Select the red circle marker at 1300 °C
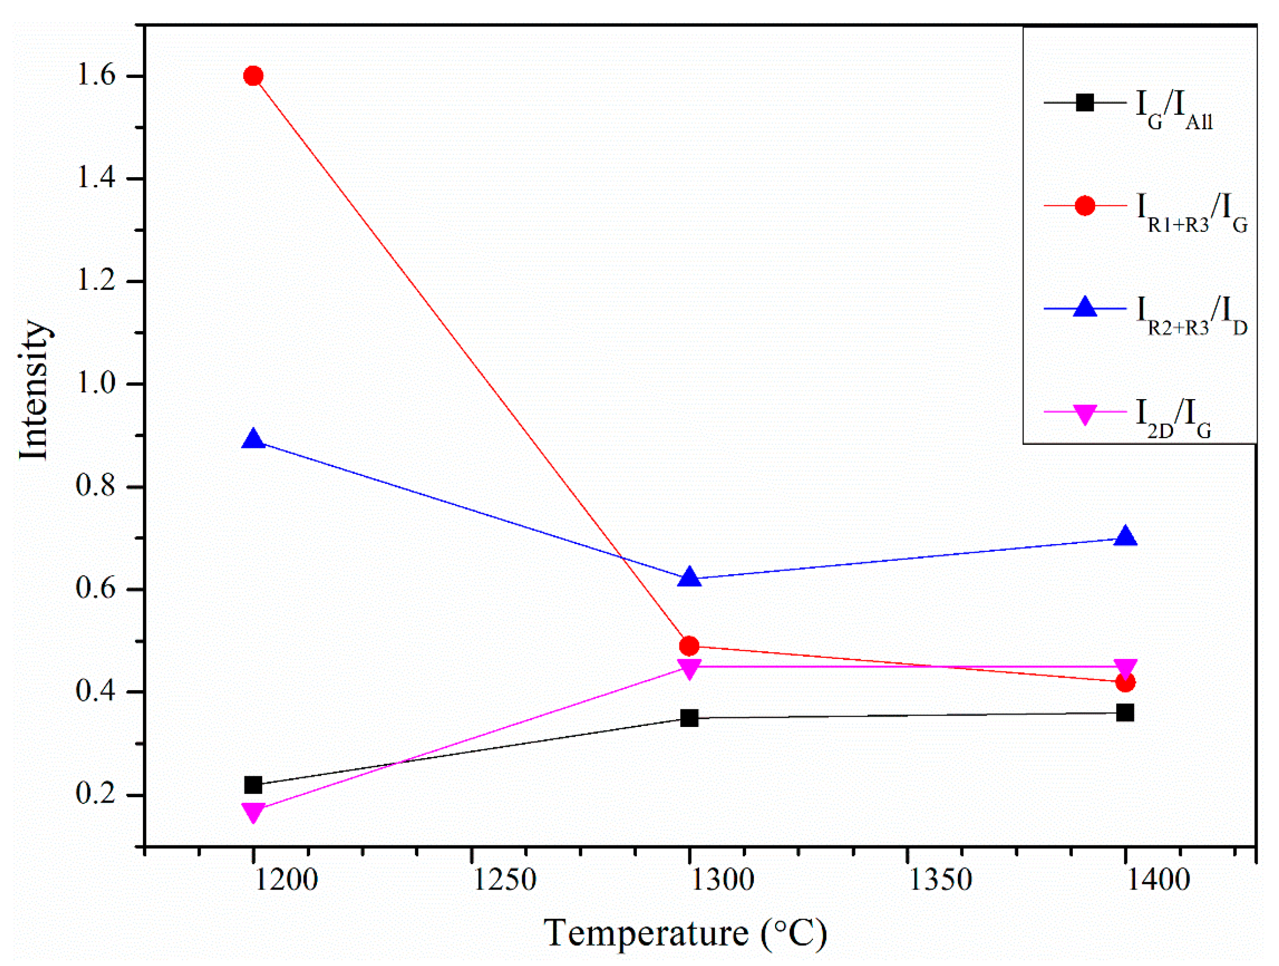pyautogui.click(x=689, y=645)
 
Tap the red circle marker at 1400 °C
pyautogui.click(x=1125, y=682)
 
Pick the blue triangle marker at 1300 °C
pyautogui.click(x=689, y=578)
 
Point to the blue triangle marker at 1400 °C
pyautogui.click(x=1125, y=537)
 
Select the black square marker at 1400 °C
pyautogui.click(x=1125, y=712)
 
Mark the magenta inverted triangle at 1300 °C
pyautogui.click(x=689, y=669)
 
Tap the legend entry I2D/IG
pyautogui.click(x=1174, y=418)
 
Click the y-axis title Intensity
pyautogui.click(x=34, y=390)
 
